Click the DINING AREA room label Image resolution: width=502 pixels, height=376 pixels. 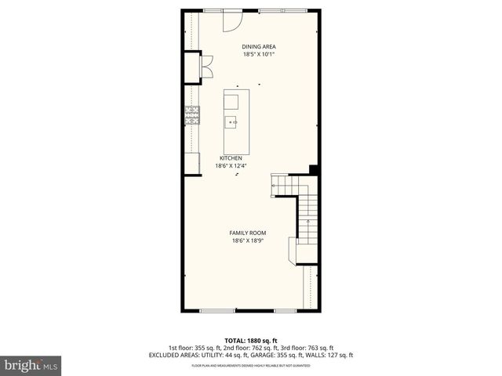258,47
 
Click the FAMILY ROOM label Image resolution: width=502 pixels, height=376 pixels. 247,233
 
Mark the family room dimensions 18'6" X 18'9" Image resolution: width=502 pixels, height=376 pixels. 247,241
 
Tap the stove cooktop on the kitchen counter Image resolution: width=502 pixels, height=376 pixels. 192,117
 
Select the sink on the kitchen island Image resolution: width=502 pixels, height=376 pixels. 232,121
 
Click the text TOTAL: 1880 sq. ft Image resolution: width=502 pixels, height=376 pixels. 251,340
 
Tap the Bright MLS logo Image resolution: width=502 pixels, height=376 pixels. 31,365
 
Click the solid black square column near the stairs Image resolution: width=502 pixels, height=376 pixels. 314,169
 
